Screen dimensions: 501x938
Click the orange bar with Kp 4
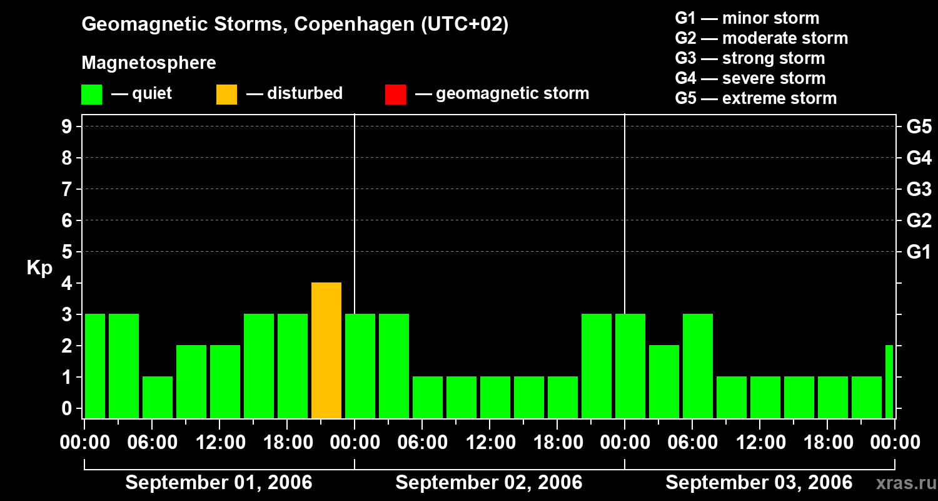(326, 351)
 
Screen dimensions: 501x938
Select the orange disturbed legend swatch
(226, 94)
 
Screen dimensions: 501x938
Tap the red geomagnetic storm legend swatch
(395, 94)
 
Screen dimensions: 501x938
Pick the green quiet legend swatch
(91, 94)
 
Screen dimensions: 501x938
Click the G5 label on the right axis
(919, 127)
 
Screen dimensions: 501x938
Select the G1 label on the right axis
(919, 252)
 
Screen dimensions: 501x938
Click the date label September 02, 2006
(489, 483)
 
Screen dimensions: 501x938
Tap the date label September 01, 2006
(219, 483)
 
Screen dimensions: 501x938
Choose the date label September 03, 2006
(759, 483)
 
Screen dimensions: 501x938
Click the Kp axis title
(39, 269)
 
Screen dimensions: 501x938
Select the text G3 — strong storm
(750, 58)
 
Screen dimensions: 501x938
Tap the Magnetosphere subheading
(149, 63)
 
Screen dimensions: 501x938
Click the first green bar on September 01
(95, 366)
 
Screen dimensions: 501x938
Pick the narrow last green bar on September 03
(889, 381)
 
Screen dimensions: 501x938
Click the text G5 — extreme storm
(755, 98)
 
